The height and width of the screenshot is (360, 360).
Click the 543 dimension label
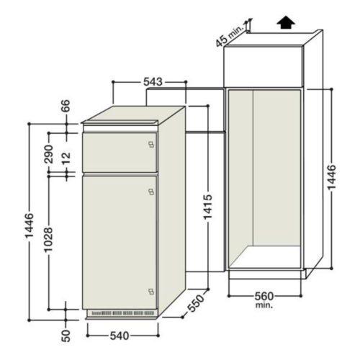point(152,82)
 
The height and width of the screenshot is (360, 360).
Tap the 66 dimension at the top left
point(66,106)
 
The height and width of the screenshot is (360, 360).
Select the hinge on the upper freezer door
point(150,143)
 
